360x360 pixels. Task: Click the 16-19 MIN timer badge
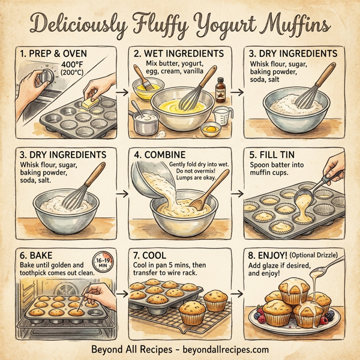click(104, 262)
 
